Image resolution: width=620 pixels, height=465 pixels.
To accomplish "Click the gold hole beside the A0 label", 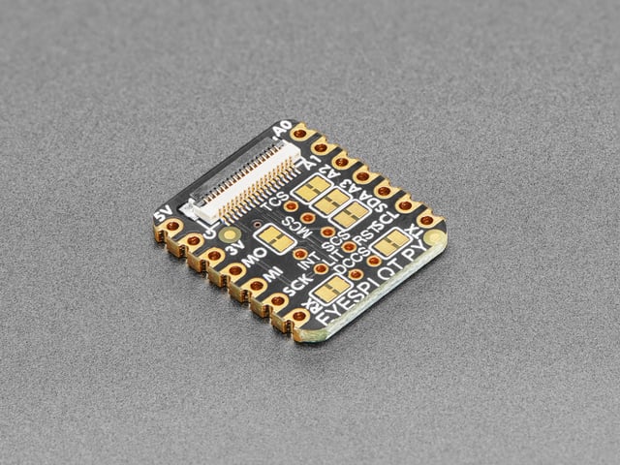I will [300, 133].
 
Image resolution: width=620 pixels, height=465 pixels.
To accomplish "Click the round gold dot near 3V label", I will [229, 233].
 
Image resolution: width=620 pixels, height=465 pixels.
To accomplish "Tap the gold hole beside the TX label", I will [426, 221].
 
